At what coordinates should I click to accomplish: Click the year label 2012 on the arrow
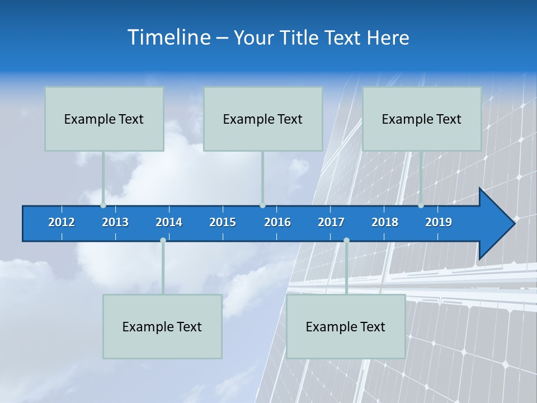pos(62,222)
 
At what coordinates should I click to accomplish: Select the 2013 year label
pos(115,222)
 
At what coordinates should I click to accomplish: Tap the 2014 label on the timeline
pos(169,222)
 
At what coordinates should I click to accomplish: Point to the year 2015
pos(223,222)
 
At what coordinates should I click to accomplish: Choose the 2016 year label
pos(277,222)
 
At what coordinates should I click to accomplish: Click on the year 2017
pos(331,222)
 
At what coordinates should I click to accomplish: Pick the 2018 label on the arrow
pos(385,222)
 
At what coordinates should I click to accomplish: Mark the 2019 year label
pos(439,222)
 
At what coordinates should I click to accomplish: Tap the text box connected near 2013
pos(104,119)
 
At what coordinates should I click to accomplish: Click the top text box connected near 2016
pos(263,119)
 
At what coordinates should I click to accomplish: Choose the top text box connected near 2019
pos(422,119)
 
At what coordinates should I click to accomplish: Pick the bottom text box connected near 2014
pos(162,326)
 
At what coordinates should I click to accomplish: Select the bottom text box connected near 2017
pos(346,326)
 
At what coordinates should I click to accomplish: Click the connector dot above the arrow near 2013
pos(103,205)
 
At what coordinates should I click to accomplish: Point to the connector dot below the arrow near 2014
pos(163,240)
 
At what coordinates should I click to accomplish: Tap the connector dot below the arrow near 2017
pos(346,240)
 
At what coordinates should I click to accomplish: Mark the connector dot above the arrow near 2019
pos(421,205)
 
